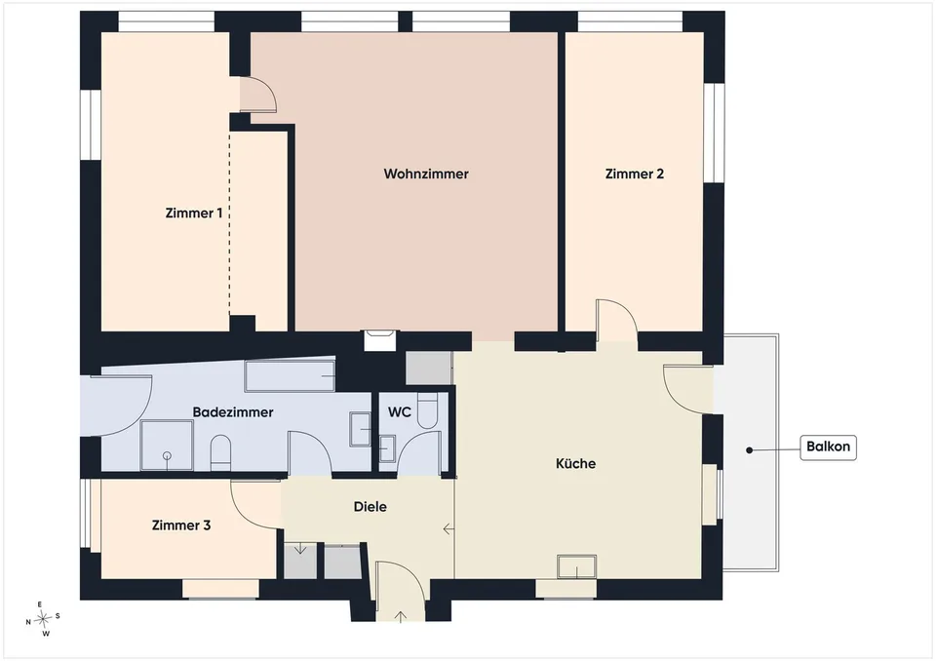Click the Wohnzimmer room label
click(426, 174)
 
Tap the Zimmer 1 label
click(193, 214)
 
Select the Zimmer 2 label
click(634, 174)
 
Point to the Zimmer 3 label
click(181, 525)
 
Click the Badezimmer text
click(233, 412)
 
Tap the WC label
click(400, 412)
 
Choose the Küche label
click(575, 463)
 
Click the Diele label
click(370, 506)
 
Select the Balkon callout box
click(828, 447)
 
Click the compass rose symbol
click(43, 619)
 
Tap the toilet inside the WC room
click(427, 409)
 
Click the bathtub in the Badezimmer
click(290, 375)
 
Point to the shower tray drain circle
click(167, 456)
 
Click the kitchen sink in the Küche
click(576, 566)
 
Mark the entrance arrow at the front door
click(401, 617)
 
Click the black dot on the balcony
click(749, 449)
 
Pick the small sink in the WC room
click(387, 448)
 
